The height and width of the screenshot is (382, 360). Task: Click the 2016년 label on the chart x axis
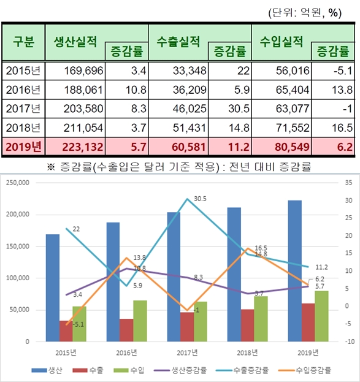tap(126, 352)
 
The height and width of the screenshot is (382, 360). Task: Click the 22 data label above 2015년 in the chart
tap(76, 229)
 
